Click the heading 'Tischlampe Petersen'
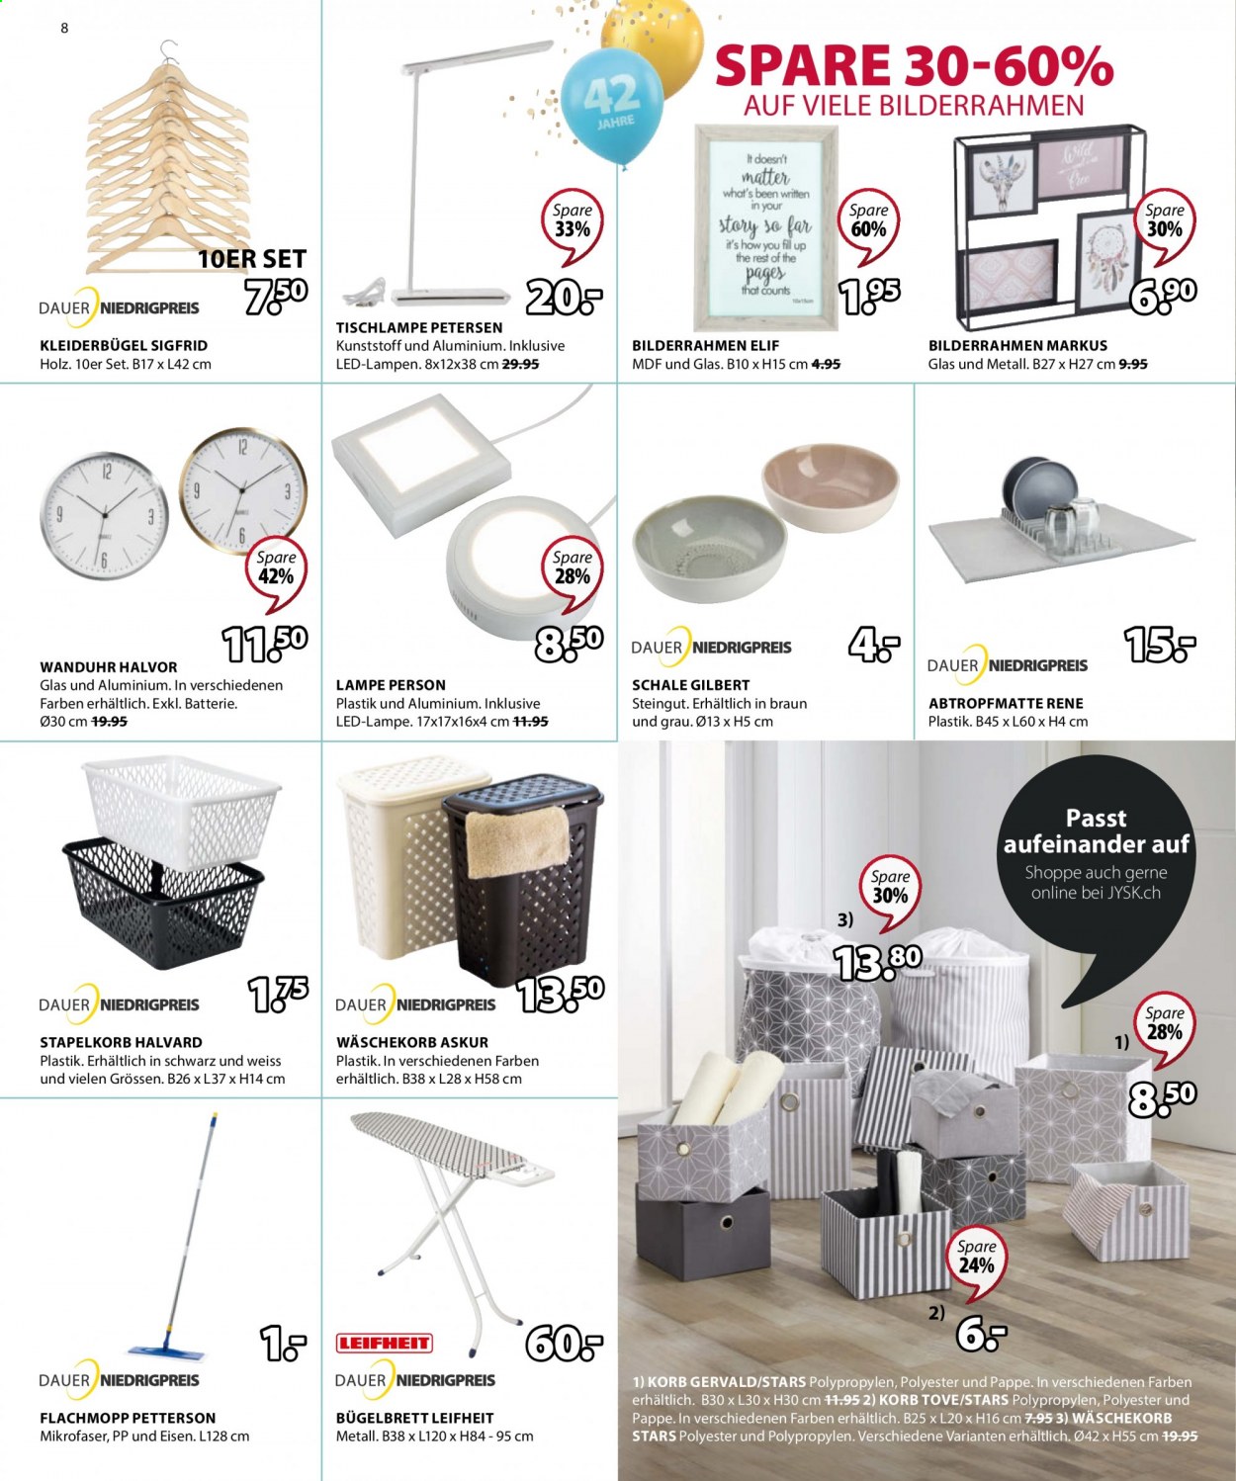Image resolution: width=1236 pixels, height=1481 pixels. (419, 327)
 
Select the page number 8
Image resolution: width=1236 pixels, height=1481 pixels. (64, 29)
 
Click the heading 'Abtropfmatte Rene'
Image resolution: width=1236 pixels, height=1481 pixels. (1007, 703)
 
